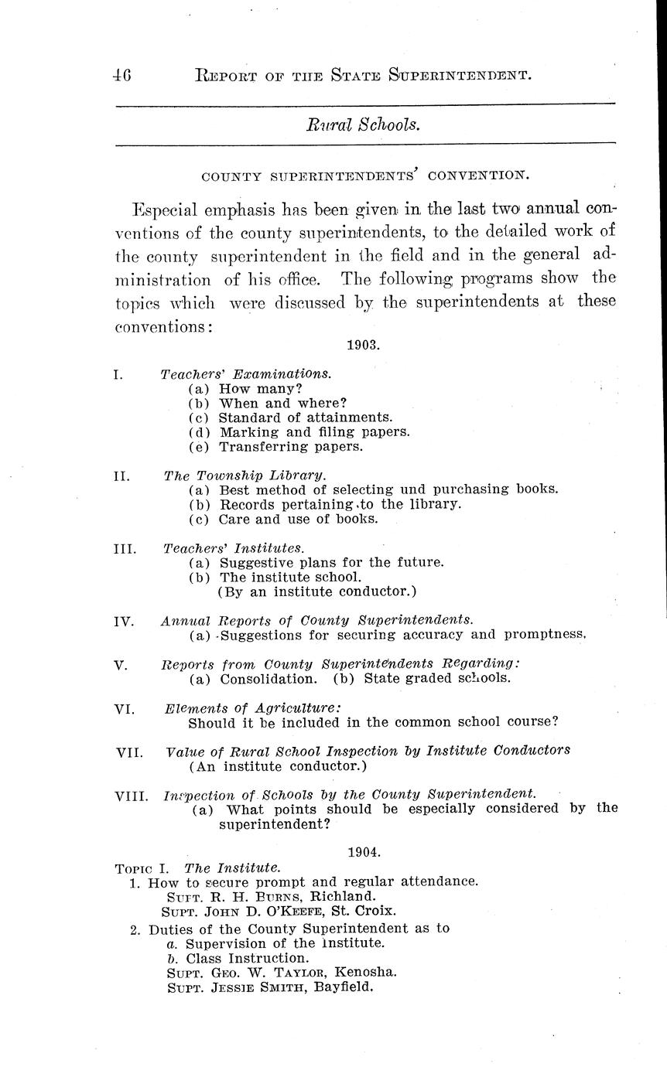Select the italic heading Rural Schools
[364, 124]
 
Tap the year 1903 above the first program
[363, 345]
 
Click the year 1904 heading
[363, 852]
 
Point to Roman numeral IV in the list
[124, 621]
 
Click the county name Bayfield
[344, 987]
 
